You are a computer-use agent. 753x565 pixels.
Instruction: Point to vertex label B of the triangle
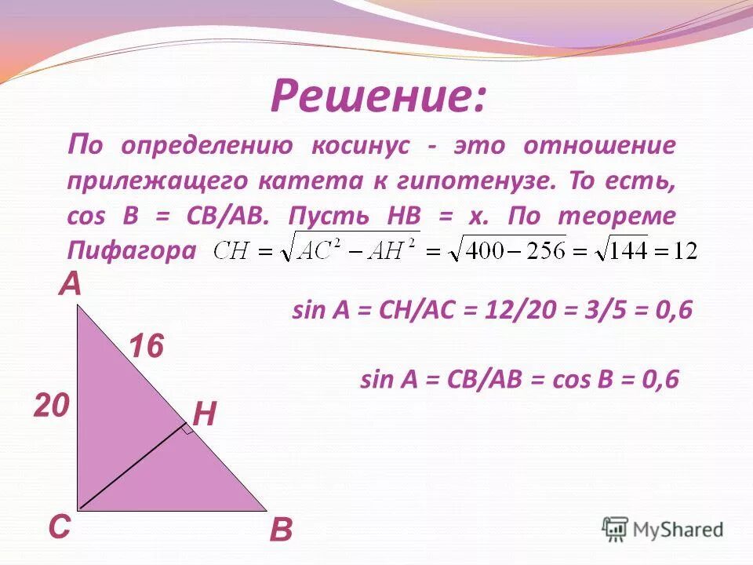[x=280, y=531]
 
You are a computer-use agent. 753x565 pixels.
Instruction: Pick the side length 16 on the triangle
[x=146, y=346]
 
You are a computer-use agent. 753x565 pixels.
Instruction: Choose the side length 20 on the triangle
[x=52, y=406]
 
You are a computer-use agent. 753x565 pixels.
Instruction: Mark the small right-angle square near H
[x=187, y=428]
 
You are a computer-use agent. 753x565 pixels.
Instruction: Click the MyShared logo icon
[x=616, y=529]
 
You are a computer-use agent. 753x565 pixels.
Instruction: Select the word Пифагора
[x=130, y=250]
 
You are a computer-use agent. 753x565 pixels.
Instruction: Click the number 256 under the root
[x=540, y=251]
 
